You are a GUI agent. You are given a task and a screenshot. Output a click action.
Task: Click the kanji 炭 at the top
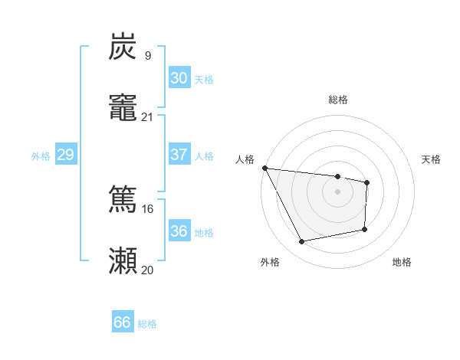[123, 47]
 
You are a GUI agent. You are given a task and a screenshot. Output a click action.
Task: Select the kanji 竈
[123, 109]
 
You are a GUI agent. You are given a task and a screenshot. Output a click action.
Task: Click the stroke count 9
[147, 55]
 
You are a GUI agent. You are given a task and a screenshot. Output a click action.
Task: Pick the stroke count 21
[147, 116]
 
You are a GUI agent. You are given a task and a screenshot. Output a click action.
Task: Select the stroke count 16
[147, 208]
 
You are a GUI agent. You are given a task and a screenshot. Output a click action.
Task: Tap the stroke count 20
[147, 270]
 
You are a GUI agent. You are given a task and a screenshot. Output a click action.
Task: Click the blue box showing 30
[179, 78]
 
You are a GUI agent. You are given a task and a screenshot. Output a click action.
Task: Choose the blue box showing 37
[179, 155]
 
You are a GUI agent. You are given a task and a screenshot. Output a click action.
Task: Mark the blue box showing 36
[179, 231]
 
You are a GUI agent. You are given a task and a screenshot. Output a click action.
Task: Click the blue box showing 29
[65, 155]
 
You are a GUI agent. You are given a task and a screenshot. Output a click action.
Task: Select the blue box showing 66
[123, 322]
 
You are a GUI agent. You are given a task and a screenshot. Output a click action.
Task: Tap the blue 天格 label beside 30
[204, 80]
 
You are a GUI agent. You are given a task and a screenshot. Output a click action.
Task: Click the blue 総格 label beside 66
[148, 324]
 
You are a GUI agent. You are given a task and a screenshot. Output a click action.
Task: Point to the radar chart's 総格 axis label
[338, 100]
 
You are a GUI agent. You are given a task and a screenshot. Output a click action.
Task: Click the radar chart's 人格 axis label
[245, 159]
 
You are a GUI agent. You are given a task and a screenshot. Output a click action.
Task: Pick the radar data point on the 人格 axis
[264, 168]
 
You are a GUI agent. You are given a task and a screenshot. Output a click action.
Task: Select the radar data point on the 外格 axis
[302, 242]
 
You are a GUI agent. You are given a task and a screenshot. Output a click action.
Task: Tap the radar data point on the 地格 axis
[365, 229]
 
